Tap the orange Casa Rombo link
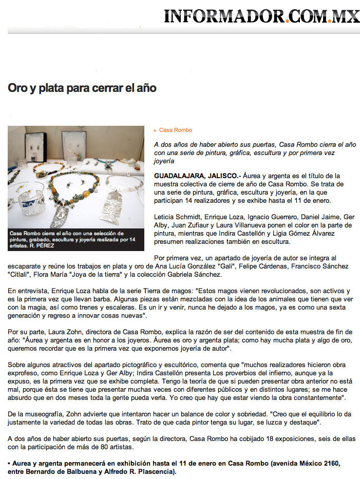(x=176, y=130)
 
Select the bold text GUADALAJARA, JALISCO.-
(x=197, y=176)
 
